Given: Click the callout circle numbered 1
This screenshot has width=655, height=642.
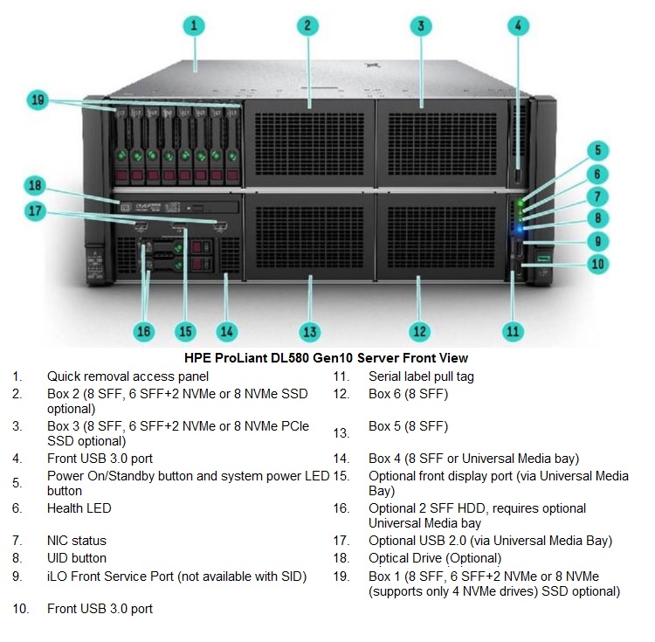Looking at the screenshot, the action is tap(194, 26).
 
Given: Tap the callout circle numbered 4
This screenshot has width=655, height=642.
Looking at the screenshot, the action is tap(519, 26).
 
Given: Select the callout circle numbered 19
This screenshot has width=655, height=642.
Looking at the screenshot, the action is tap(38, 100).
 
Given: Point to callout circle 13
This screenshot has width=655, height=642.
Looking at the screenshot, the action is tap(310, 332).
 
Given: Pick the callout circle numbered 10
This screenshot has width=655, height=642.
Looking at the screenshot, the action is tap(597, 264).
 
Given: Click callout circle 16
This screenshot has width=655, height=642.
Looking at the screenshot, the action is tap(144, 332).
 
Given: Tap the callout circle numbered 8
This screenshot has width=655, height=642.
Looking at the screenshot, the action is tap(597, 217).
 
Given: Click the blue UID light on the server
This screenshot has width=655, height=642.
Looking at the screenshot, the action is tap(520, 229).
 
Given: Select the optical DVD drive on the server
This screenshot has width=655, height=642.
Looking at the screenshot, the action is tap(177, 207).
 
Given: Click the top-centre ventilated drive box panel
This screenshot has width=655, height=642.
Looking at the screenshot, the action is tap(309, 143).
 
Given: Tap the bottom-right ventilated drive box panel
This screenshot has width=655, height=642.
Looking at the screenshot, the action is tap(441, 237).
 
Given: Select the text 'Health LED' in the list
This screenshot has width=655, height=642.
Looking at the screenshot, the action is tap(79, 508).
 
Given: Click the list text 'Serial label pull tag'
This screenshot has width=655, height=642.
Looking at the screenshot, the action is tap(421, 376).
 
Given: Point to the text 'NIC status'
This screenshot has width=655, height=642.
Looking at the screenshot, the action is tap(77, 541).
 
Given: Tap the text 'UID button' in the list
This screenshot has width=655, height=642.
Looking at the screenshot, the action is tap(77, 558).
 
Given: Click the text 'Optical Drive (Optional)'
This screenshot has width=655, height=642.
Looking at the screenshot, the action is tap(435, 558).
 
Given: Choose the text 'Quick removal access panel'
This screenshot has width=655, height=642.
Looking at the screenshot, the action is tap(128, 376).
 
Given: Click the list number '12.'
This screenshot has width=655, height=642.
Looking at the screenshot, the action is tap(341, 394).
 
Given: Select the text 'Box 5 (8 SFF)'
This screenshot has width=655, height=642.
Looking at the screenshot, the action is tap(408, 426).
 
